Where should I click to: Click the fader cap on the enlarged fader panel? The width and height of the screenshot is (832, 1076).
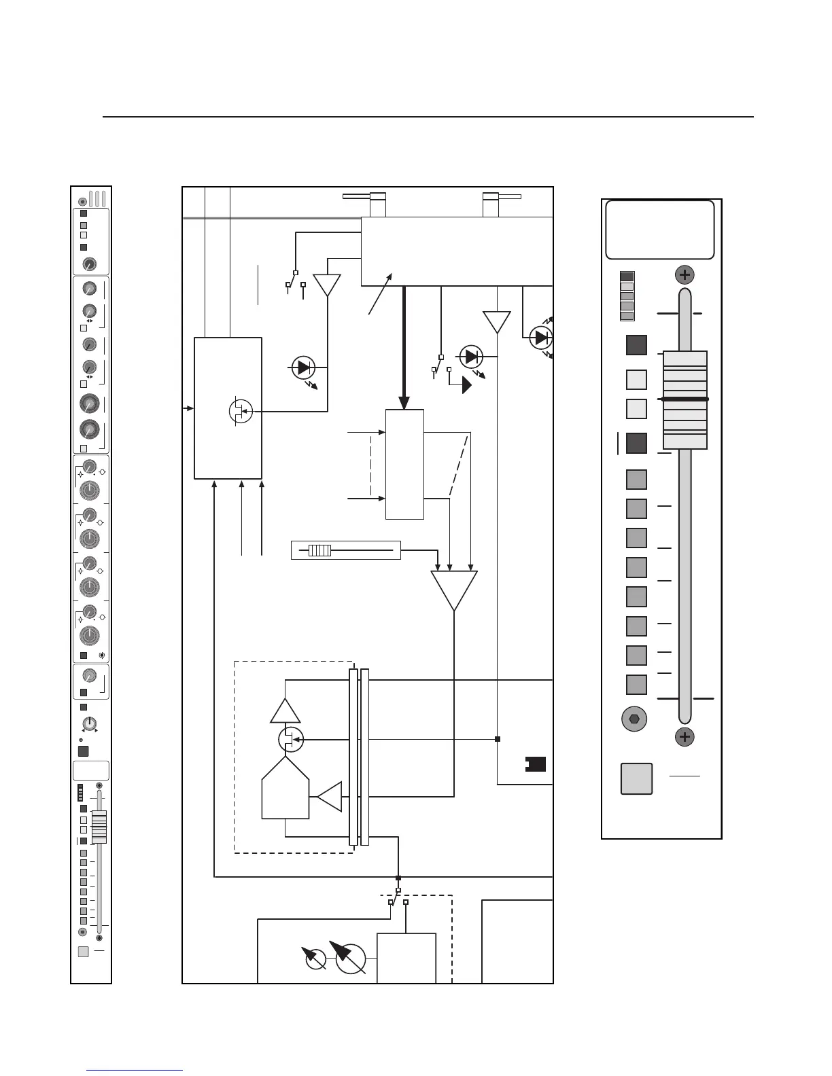(685, 399)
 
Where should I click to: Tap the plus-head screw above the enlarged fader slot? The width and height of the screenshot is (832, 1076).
(684, 275)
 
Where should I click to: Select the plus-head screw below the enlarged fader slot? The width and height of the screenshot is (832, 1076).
(684, 737)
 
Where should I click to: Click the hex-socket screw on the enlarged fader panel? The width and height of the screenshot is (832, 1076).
(635, 719)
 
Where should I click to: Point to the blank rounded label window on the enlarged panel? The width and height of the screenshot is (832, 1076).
(659, 230)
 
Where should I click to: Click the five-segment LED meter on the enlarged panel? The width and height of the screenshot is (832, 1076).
(627, 296)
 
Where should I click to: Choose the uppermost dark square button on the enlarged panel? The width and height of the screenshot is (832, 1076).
(636, 345)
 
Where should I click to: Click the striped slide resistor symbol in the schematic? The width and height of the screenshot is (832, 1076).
(319, 550)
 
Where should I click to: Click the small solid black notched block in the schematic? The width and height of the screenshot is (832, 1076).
(536, 765)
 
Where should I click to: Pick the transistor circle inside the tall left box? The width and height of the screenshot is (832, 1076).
(241, 411)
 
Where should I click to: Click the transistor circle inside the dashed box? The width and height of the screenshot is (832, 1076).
(292, 739)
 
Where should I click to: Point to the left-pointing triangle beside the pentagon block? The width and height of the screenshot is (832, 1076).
(330, 796)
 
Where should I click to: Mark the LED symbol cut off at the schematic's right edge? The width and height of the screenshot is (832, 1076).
(542, 336)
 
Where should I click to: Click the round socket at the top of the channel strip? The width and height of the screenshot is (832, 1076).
(83, 201)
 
